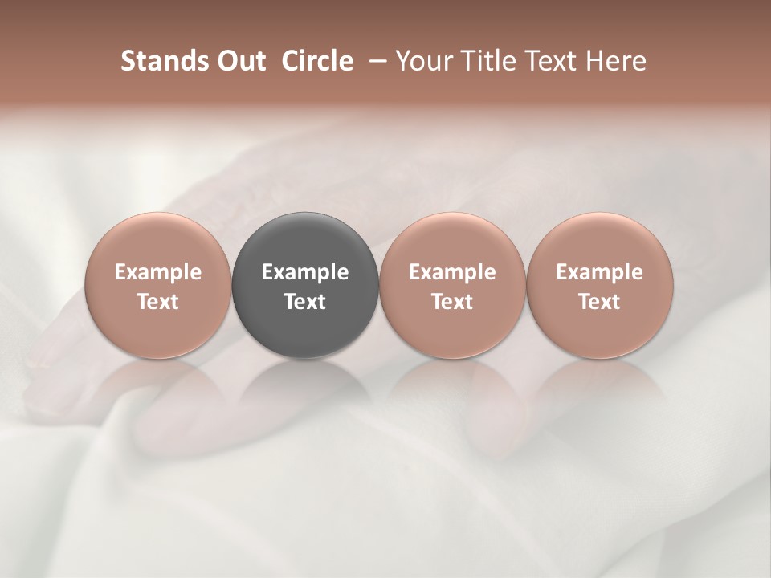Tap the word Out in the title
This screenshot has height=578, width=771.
pyautogui.click(x=240, y=61)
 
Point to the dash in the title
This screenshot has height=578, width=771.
pyautogui.click(x=375, y=61)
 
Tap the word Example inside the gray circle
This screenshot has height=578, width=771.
pyautogui.click(x=305, y=272)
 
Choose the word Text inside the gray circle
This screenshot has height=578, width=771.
pyautogui.click(x=305, y=302)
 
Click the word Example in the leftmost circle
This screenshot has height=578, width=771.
pyautogui.click(x=158, y=272)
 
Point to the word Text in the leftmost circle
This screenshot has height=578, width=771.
pyautogui.click(x=158, y=302)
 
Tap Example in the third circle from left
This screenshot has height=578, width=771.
pyautogui.click(x=452, y=272)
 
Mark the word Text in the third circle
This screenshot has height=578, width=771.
pyautogui.click(x=452, y=302)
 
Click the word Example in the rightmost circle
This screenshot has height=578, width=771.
pyautogui.click(x=599, y=272)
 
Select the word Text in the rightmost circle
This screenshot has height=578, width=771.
pyautogui.click(x=599, y=302)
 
